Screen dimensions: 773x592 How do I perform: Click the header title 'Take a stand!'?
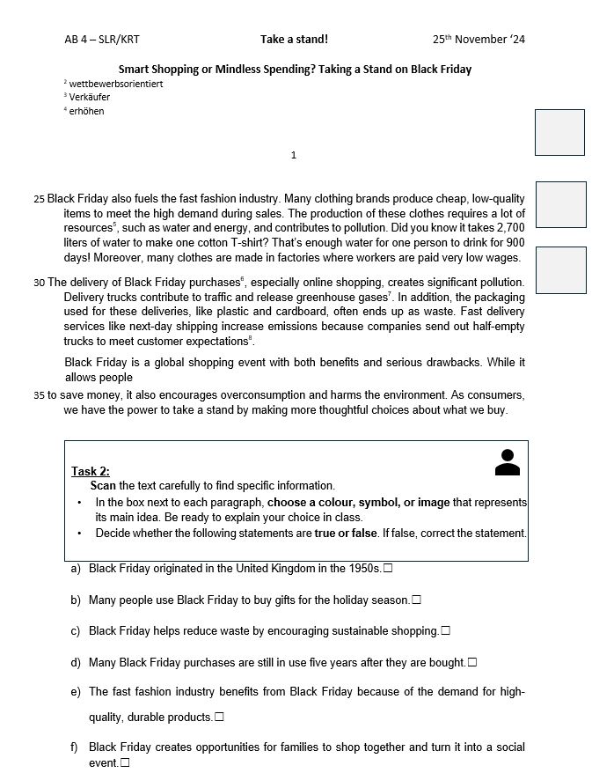click(294, 40)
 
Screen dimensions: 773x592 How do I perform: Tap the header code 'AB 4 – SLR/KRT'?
click(102, 40)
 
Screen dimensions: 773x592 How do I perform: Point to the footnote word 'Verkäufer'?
click(90, 98)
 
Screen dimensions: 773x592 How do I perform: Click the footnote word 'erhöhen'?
click(86, 112)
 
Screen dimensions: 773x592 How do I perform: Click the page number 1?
click(294, 156)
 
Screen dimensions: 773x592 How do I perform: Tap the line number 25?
click(39, 200)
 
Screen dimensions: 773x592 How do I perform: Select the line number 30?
click(39, 283)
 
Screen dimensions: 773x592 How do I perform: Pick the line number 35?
click(39, 395)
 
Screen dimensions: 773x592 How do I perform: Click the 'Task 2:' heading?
click(91, 471)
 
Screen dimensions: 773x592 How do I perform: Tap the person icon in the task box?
click(508, 462)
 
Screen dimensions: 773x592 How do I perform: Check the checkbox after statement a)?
click(388, 569)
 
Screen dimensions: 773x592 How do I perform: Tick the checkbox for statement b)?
click(416, 600)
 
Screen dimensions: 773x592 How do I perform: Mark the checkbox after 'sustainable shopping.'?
click(446, 631)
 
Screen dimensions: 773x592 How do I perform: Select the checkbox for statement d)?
click(472, 662)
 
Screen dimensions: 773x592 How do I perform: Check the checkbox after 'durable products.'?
click(219, 718)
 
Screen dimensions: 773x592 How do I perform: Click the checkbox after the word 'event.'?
click(124, 762)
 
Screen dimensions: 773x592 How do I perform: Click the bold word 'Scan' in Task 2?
click(104, 486)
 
